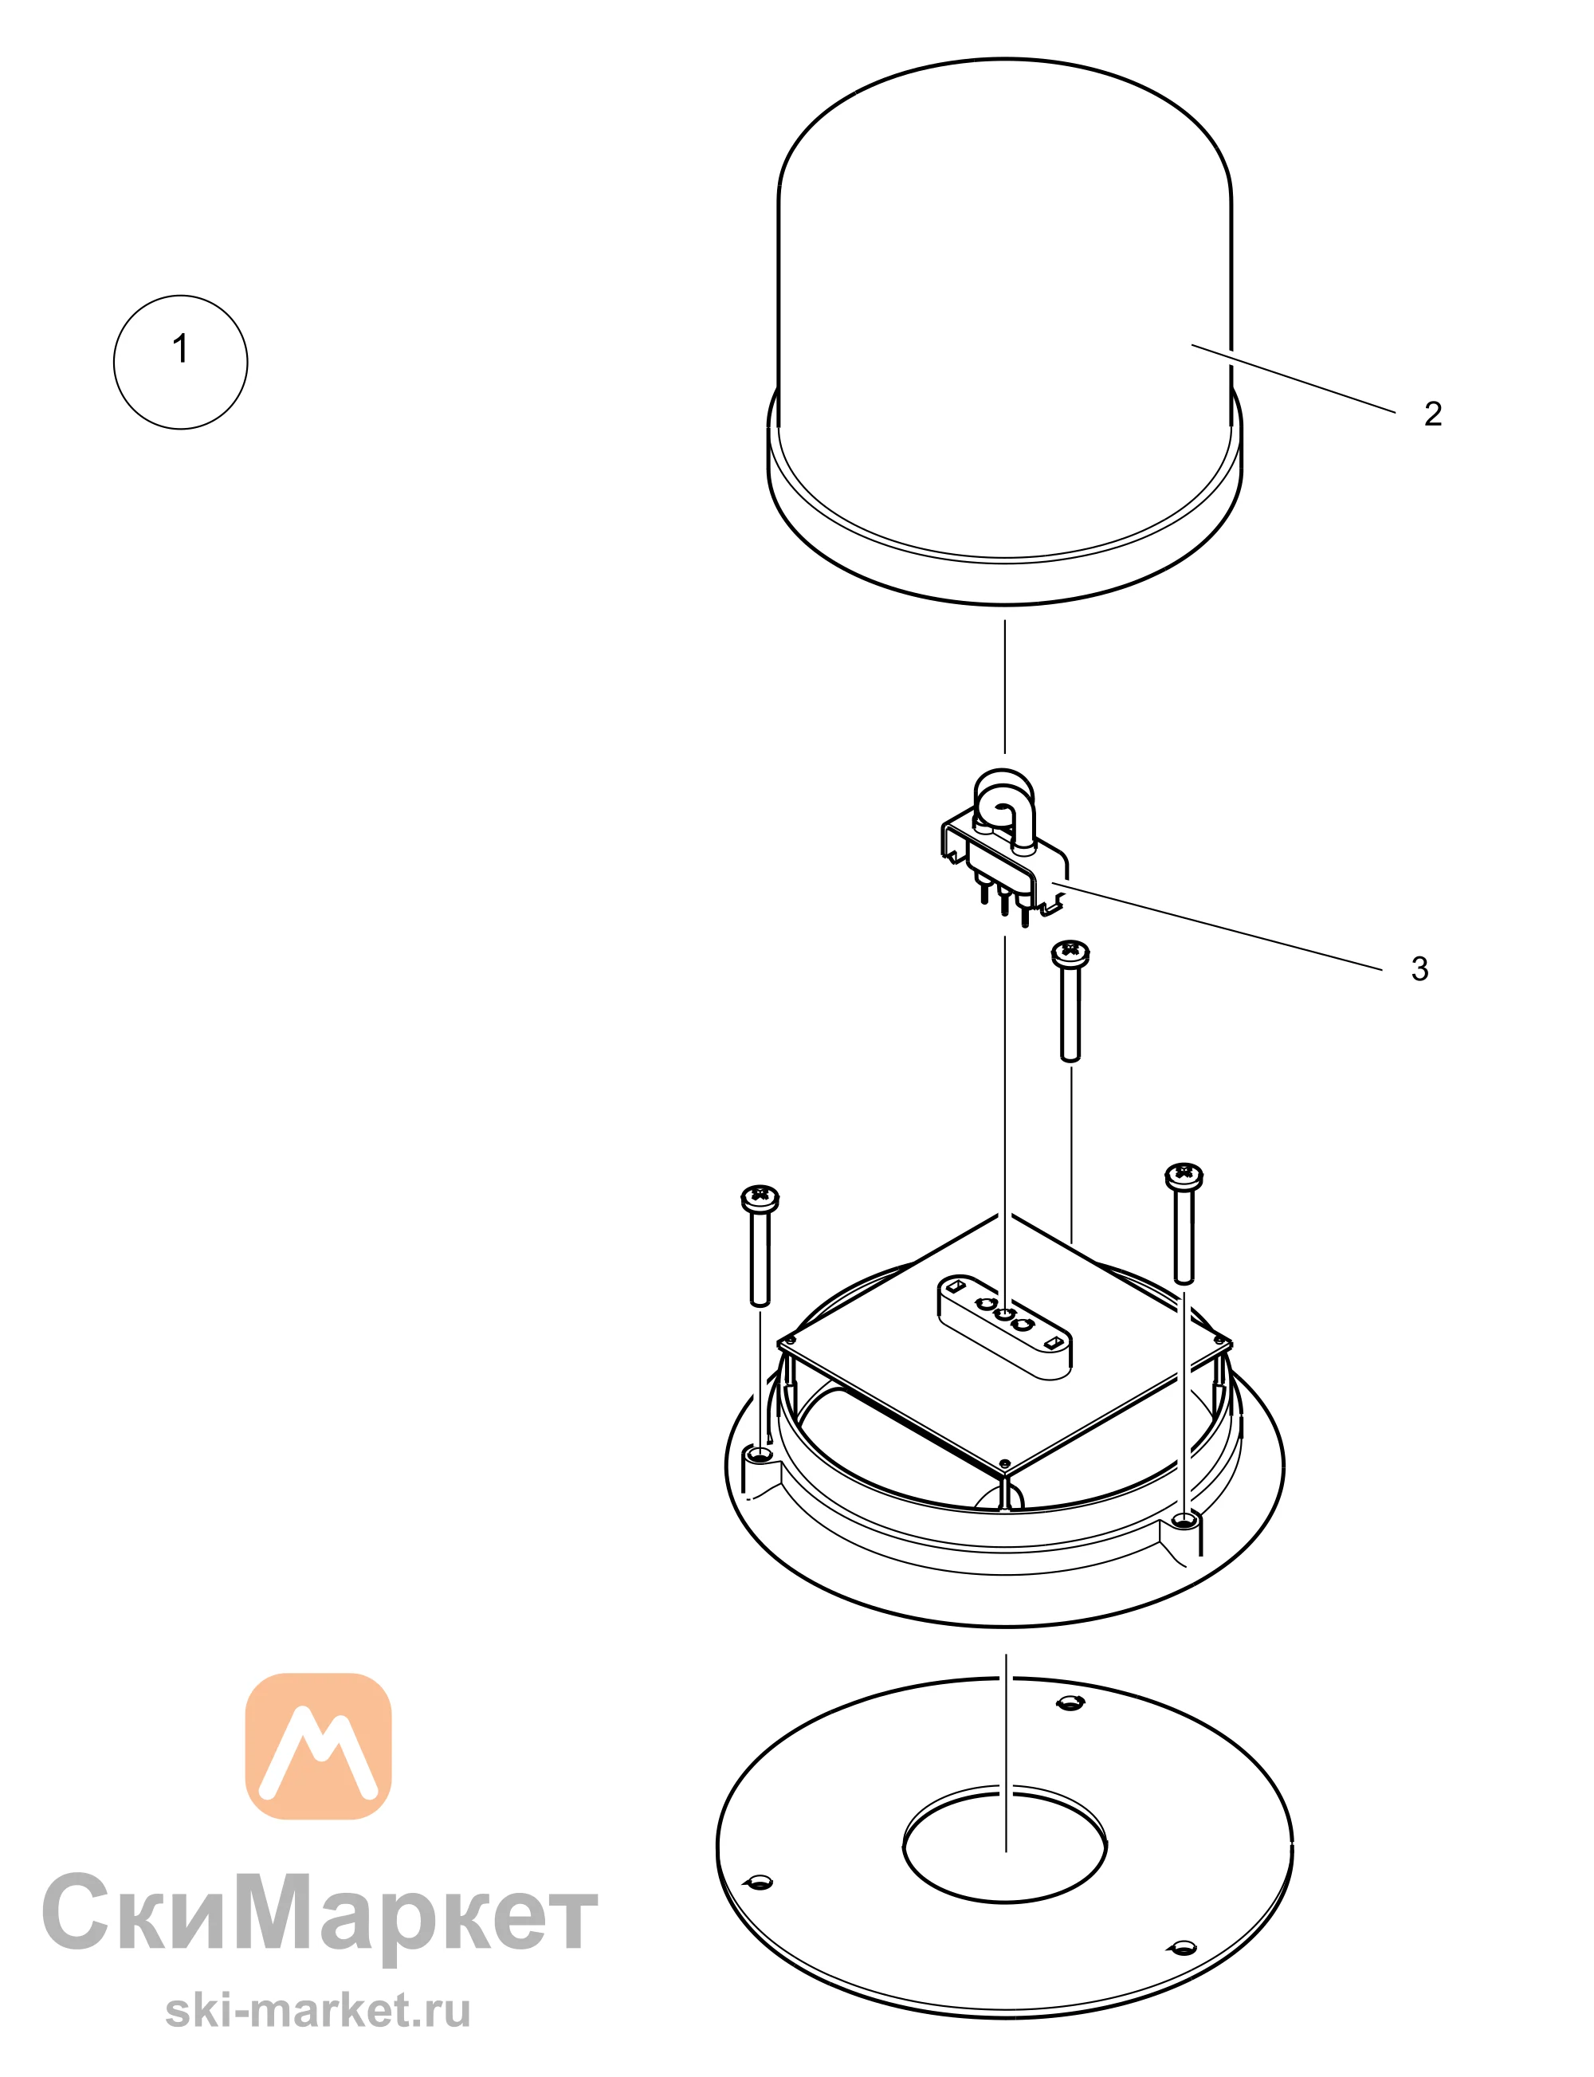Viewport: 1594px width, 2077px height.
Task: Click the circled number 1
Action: pos(180,362)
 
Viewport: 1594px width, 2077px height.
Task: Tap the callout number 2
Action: pos(1433,414)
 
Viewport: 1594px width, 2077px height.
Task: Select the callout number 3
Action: pos(1419,968)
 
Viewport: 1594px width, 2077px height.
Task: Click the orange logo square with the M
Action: pos(318,1747)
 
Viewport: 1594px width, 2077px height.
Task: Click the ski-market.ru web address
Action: pos(318,2009)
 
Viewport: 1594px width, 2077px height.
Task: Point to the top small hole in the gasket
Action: pos(1070,1702)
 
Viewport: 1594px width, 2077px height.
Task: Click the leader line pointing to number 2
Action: pos(1294,379)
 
